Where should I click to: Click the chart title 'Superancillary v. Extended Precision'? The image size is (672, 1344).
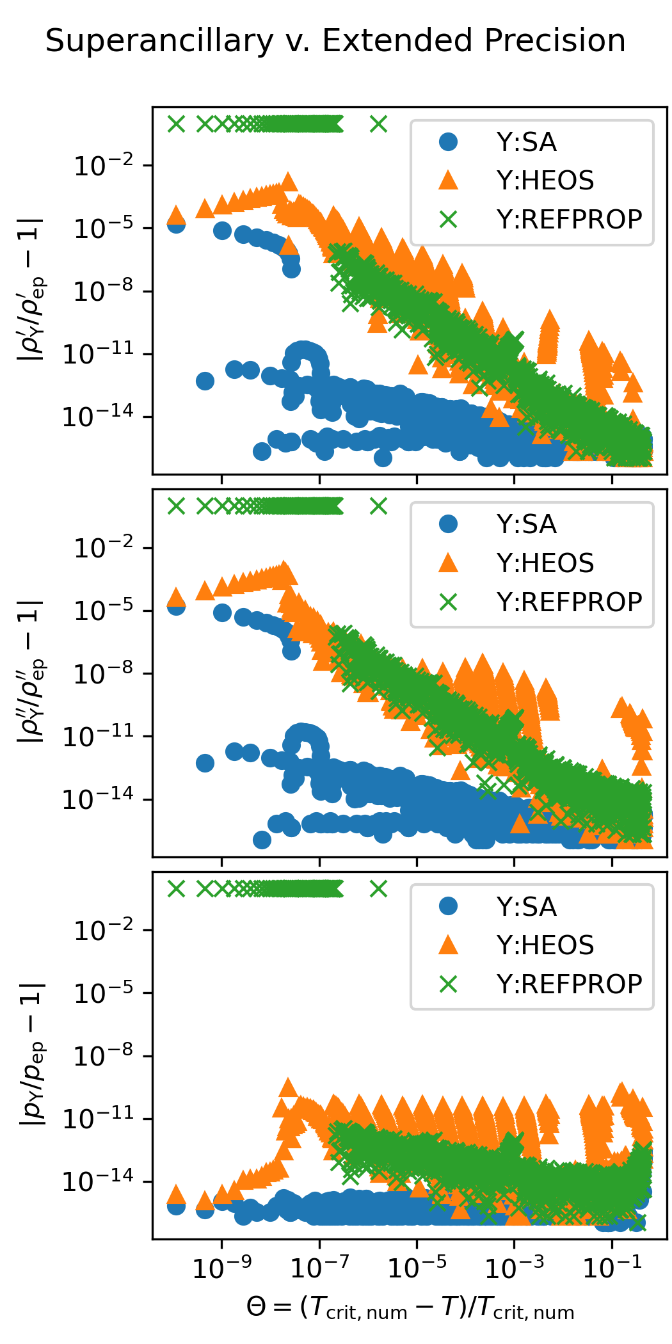point(335,41)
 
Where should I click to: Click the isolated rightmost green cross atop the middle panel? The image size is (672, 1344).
point(379,507)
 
